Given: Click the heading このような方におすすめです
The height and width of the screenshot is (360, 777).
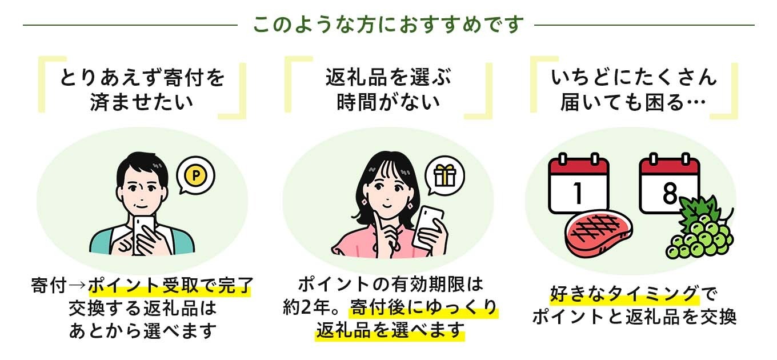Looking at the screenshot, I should pos(388,25).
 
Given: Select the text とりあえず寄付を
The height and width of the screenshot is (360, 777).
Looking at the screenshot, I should pos(142,78).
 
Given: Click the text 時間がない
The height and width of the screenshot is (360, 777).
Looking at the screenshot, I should pos(388,102).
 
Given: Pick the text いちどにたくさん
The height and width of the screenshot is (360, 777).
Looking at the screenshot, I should pos(634,78).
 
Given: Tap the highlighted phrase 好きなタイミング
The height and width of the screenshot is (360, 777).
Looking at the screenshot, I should pos(624,294).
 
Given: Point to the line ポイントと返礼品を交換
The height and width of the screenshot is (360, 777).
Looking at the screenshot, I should pos(634,317).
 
